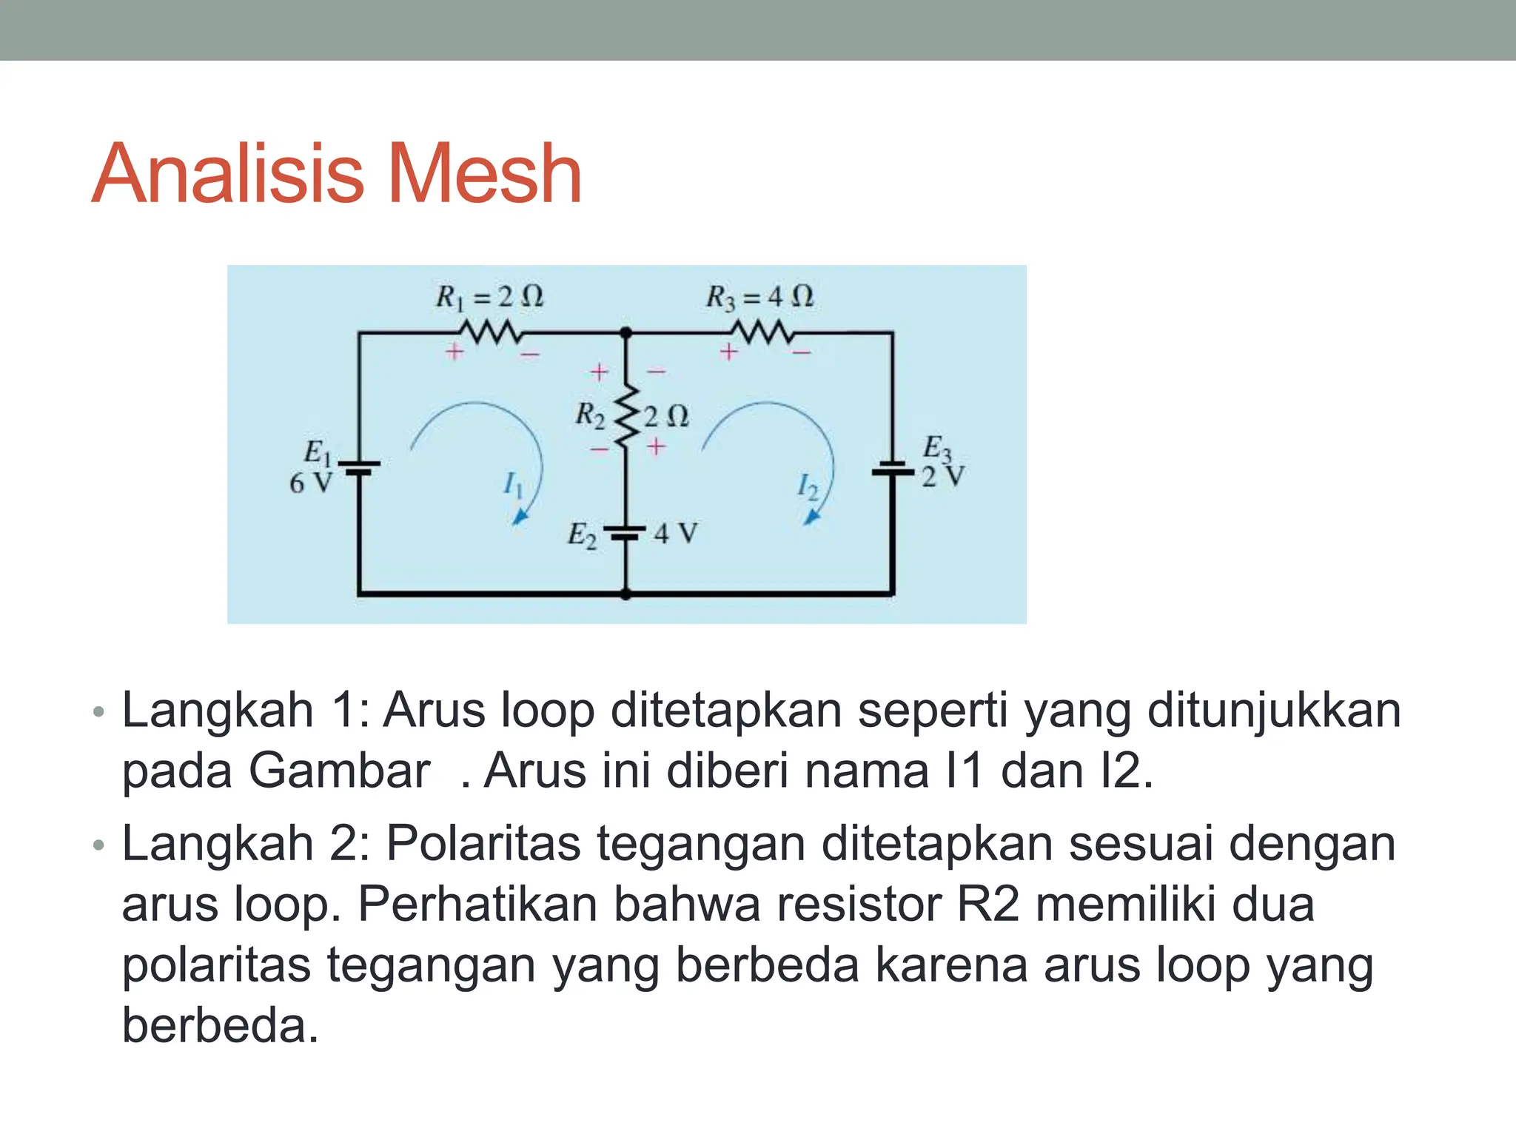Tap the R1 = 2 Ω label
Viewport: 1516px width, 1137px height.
(489, 297)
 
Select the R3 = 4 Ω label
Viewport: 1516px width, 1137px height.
(759, 297)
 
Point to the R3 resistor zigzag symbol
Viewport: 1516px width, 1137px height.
(762, 332)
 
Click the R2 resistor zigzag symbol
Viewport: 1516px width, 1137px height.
(626, 415)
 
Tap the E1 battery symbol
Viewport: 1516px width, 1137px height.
(359, 467)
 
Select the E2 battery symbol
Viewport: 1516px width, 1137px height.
(625, 532)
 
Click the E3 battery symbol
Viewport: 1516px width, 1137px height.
(893, 469)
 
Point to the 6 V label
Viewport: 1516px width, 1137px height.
(310, 483)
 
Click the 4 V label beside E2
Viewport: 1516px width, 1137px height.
(675, 533)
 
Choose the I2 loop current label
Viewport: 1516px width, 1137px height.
(808, 486)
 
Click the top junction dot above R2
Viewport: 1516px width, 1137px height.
(626, 333)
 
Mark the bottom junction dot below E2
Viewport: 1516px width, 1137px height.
(626, 594)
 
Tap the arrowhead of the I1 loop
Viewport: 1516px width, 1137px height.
(520, 517)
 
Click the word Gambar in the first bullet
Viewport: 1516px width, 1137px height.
(339, 771)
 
